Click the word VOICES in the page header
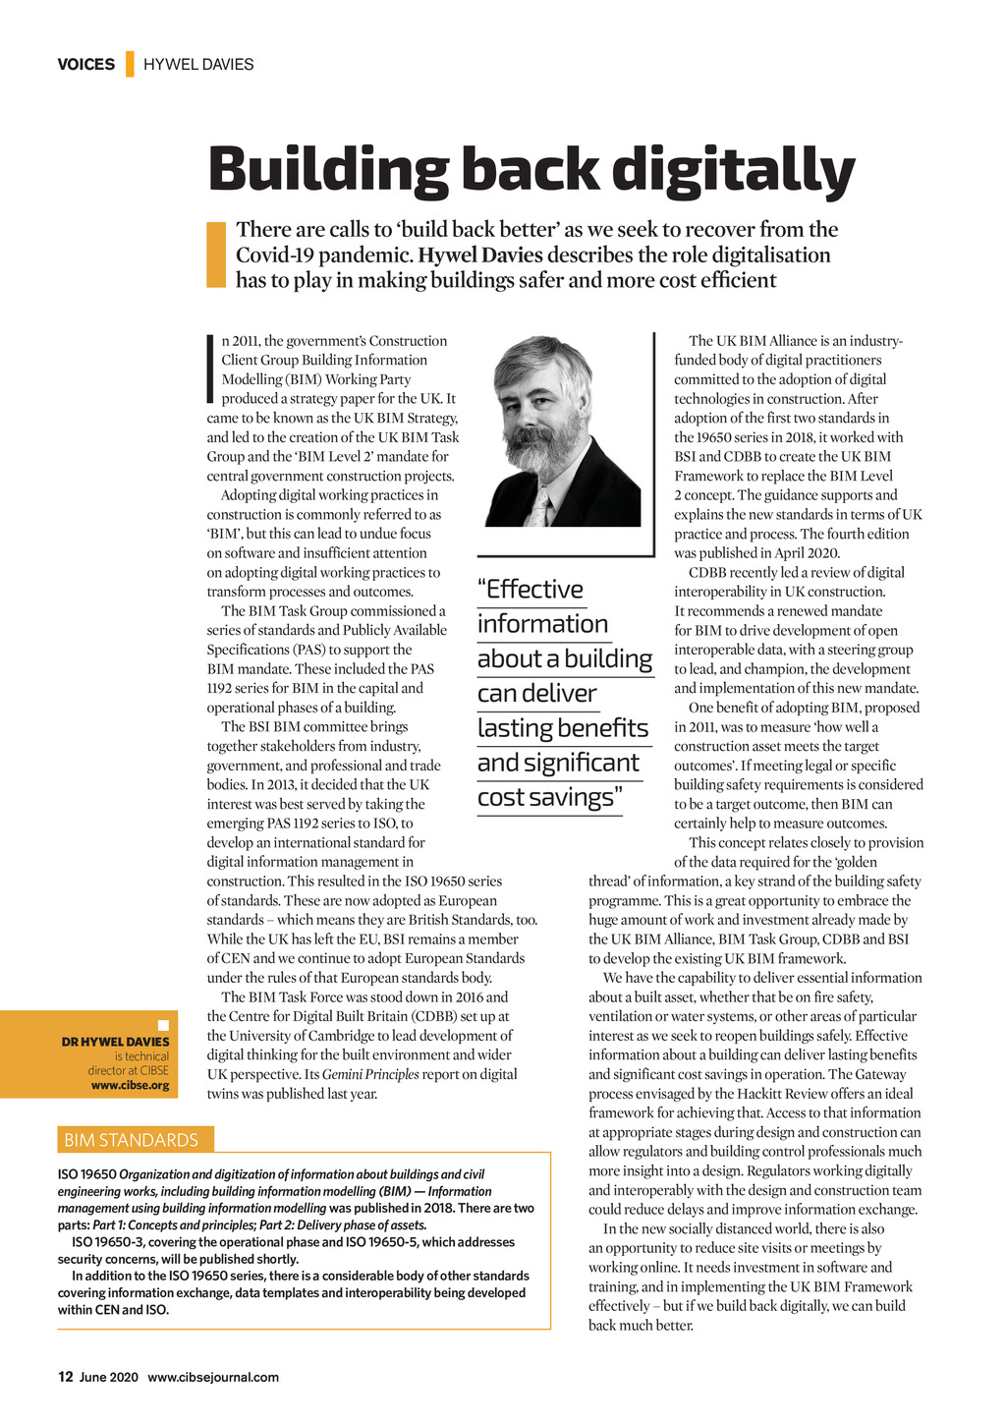pyautogui.click(x=85, y=65)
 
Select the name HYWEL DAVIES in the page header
pyautogui.click(x=198, y=65)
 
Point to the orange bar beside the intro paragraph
pyautogui.click(x=216, y=255)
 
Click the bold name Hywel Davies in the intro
pyautogui.click(x=480, y=256)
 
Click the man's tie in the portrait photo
pyautogui.click(x=539, y=507)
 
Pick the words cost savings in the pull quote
pyautogui.click(x=547, y=797)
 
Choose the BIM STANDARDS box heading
pyautogui.click(x=131, y=1140)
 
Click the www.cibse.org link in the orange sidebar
pyautogui.click(x=130, y=1085)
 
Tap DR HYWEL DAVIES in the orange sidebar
pyautogui.click(x=115, y=1042)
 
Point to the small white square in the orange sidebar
pyautogui.click(x=164, y=1025)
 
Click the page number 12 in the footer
pyautogui.click(x=65, y=1377)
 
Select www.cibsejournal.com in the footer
pyautogui.click(x=213, y=1377)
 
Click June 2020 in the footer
pyautogui.click(x=109, y=1377)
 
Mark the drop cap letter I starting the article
pyautogui.click(x=210, y=370)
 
